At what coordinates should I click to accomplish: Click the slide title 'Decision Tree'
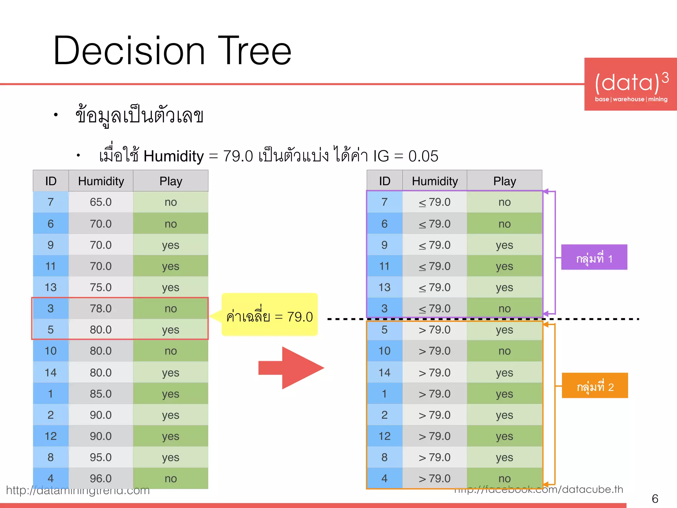pyautogui.click(x=172, y=51)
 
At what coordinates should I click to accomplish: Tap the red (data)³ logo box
pyautogui.click(x=630, y=84)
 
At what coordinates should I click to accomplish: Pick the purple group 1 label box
pyautogui.click(x=594, y=257)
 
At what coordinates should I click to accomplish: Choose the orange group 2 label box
pyautogui.click(x=595, y=386)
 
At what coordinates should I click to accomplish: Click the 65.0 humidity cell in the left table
pyautogui.click(x=101, y=202)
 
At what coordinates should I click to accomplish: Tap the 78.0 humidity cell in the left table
pyautogui.click(x=101, y=309)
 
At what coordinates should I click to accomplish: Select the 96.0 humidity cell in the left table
pyautogui.click(x=101, y=478)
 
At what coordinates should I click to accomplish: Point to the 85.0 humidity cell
pyautogui.click(x=101, y=394)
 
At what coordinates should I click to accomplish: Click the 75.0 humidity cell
pyautogui.click(x=101, y=287)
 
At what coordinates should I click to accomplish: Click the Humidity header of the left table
pyautogui.click(x=101, y=181)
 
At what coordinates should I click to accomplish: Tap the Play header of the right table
pyautogui.click(x=504, y=181)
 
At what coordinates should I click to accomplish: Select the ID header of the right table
pyautogui.click(x=384, y=181)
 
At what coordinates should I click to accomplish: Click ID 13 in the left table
pyautogui.click(x=51, y=287)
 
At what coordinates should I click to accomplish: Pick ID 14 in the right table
pyautogui.click(x=384, y=373)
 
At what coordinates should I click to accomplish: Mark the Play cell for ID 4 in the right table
pyautogui.click(x=504, y=478)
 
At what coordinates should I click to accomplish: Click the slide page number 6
pyautogui.click(x=655, y=498)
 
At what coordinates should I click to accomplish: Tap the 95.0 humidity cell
pyautogui.click(x=101, y=457)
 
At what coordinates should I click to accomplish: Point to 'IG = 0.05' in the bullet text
pyautogui.click(x=406, y=156)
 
